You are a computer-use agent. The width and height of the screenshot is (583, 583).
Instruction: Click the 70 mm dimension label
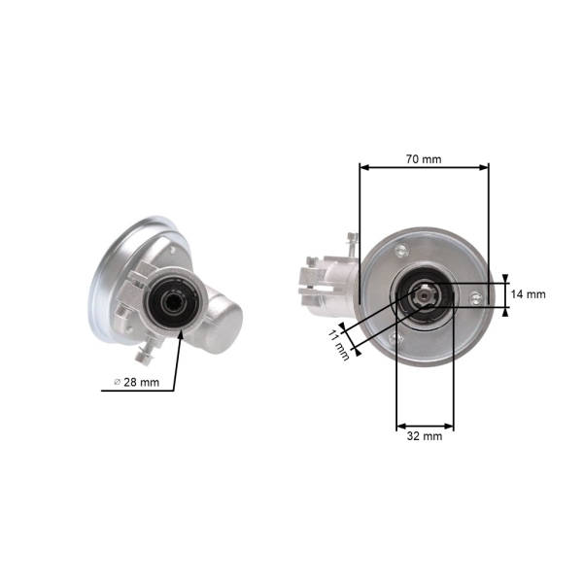pyautogui.click(x=424, y=159)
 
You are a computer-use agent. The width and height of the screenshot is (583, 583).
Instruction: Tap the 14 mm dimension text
pyautogui.click(x=528, y=294)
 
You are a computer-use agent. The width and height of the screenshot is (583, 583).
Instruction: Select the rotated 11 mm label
pyautogui.click(x=339, y=345)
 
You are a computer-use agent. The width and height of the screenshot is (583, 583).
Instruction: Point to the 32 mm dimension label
pyautogui.click(x=425, y=435)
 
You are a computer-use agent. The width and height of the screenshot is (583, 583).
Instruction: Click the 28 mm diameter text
pyautogui.click(x=141, y=382)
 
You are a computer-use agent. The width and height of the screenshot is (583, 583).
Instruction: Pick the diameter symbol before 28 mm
pyautogui.click(x=118, y=382)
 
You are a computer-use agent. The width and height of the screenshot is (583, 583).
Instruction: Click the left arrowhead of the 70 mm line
pyautogui.click(x=364, y=168)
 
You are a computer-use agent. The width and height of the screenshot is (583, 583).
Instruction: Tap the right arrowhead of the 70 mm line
pyautogui.click(x=484, y=168)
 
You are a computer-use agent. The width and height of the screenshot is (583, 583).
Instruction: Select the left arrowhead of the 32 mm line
pyautogui.click(x=402, y=426)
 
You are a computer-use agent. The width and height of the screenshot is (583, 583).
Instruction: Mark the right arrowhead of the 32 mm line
pyautogui.click(x=449, y=426)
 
